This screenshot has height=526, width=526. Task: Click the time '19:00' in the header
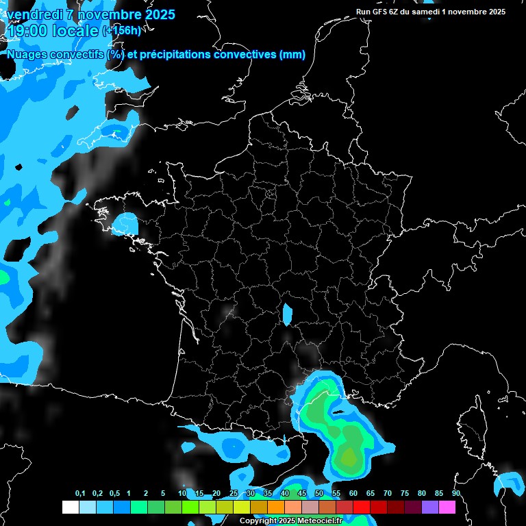click(28, 31)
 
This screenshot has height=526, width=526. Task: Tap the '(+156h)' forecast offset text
click(121, 31)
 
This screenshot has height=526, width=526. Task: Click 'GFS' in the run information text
click(384, 12)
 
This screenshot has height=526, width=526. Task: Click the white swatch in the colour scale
click(71, 507)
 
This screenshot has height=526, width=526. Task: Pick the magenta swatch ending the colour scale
click(447, 507)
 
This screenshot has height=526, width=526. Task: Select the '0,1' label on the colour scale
click(80, 494)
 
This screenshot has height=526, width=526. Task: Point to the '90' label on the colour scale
click(455, 494)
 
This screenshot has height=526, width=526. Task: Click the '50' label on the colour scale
click(319, 494)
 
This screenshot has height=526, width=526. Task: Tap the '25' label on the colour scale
click(234, 494)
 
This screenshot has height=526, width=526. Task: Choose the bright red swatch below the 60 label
click(362, 507)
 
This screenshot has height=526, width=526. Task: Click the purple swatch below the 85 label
click(430, 507)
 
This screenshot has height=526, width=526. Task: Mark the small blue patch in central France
click(288, 313)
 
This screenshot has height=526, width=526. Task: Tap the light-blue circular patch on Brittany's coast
click(125, 223)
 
